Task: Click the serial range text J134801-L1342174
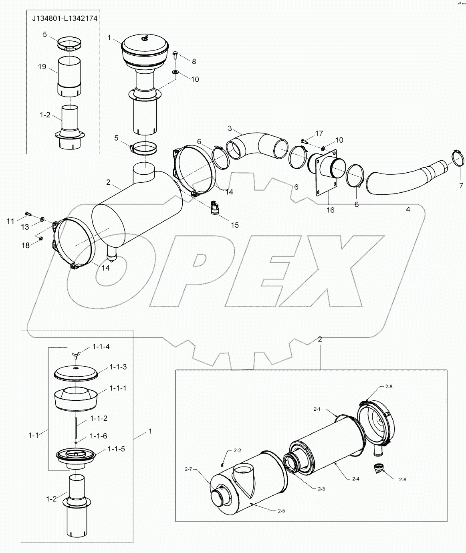65,18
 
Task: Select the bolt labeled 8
175,56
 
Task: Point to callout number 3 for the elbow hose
230,128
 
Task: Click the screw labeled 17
303,141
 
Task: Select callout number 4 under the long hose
407,209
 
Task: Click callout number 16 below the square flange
330,210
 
